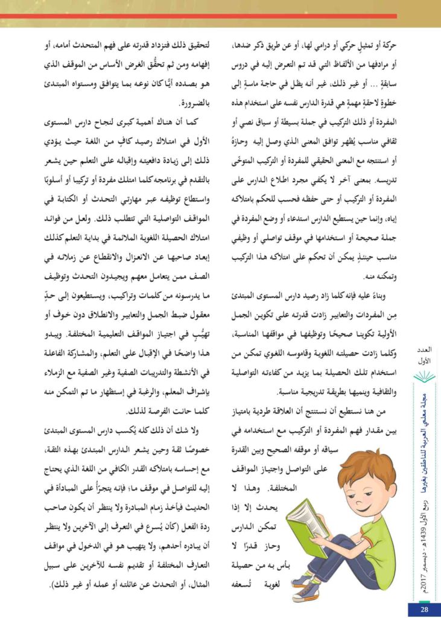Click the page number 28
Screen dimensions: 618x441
pyautogui.click(x=425, y=610)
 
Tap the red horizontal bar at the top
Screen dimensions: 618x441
pyautogui.click(x=199, y=16)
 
